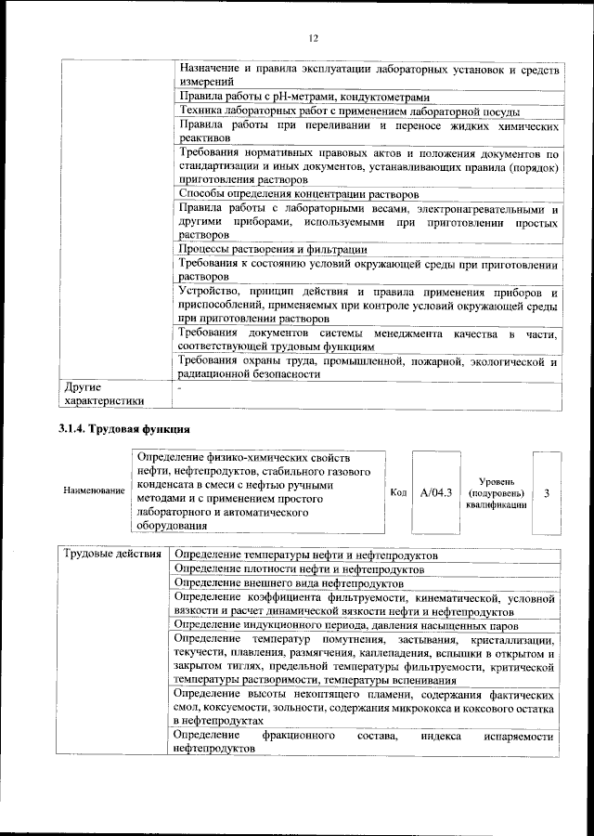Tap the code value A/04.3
(435, 492)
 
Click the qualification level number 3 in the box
(547, 492)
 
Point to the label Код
(398, 492)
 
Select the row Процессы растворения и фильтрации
(272, 249)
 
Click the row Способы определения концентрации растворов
(298, 194)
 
